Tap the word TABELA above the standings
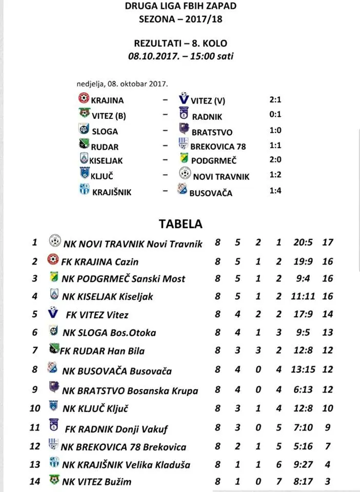181,223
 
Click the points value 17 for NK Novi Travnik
327,242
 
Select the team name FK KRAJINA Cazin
100,261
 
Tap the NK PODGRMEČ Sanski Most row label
123,279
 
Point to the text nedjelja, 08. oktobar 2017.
123,83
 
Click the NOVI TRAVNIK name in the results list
221,176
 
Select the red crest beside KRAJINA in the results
84,98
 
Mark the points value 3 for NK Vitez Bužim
327,481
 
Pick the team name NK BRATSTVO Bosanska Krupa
130,391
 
